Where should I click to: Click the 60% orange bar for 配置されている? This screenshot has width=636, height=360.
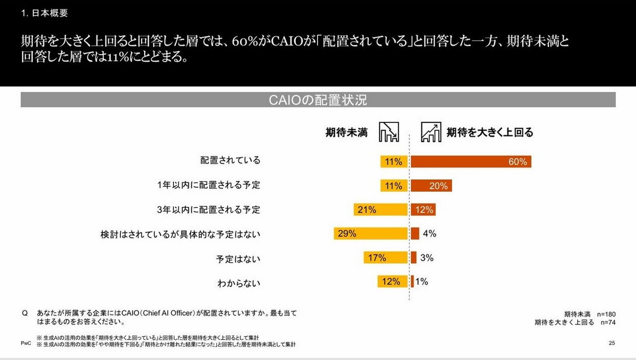coord(471,162)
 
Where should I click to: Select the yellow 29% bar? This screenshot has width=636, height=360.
coord(370,233)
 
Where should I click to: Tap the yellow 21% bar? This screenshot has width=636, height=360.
coord(381,209)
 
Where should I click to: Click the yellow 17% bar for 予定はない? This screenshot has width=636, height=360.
coord(385,258)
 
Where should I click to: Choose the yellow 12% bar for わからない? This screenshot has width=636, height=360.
coord(392,282)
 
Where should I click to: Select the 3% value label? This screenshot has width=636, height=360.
coord(427,258)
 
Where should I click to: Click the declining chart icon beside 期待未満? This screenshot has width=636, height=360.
coord(388,132)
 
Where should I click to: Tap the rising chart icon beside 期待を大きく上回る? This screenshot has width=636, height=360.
coord(430,132)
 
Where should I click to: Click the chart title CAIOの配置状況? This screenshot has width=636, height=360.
coord(318,100)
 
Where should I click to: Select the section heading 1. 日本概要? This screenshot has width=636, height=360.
coord(45,13)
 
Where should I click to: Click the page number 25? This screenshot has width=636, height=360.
coord(612,344)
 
